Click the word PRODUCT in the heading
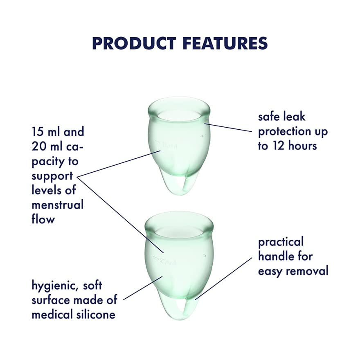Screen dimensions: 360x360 134,43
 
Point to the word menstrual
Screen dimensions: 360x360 57,205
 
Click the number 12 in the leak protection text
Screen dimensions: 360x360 279,146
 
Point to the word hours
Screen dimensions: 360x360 302,146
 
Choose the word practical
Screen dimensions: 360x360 281,243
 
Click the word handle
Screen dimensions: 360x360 274,256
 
